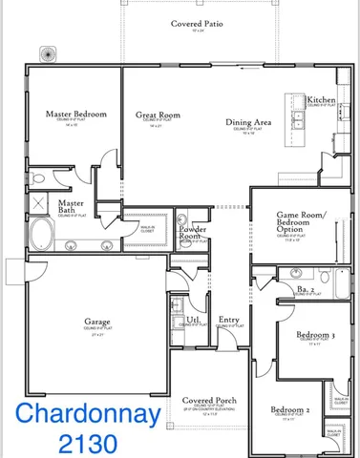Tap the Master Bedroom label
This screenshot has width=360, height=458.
pos(76,114)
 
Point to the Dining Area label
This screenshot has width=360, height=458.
pos(250,122)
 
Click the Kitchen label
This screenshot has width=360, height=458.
pos(321,99)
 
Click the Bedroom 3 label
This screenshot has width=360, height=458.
pos(314,336)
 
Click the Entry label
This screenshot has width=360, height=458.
pos(228,320)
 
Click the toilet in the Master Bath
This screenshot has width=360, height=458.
pos(38,177)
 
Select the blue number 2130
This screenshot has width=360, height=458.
pos(85,443)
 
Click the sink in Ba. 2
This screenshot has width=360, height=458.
pos(295,272)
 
